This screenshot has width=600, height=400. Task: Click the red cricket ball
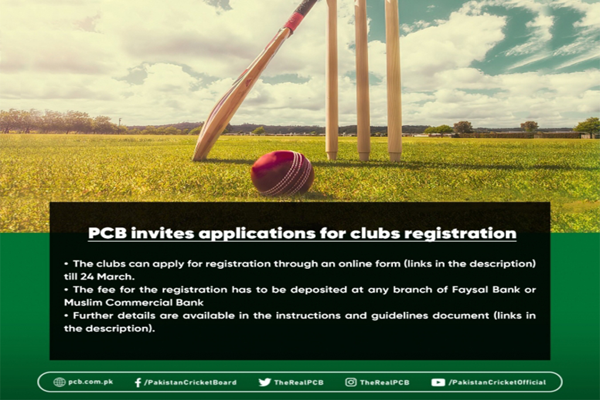[282, 173]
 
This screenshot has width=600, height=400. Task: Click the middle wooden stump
[362, 80]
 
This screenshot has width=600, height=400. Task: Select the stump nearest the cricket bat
[332, 80]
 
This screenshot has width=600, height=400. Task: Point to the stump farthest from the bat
[393, 80]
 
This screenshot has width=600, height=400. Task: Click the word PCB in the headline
[107, 233]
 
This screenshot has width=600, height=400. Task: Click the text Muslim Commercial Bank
[134, 302]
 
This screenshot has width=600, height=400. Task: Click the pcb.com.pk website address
[90, 382]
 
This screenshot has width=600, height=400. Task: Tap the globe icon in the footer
[59, 382]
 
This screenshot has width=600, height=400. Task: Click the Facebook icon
[138, 382]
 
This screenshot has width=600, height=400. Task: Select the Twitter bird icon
[264, 382]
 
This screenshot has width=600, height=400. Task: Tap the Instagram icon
[350, 382]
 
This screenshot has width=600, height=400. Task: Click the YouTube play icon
[438, 382]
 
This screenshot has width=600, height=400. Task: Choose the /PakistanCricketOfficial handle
[497, 382]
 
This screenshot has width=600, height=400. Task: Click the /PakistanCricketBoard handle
[190, 382]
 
